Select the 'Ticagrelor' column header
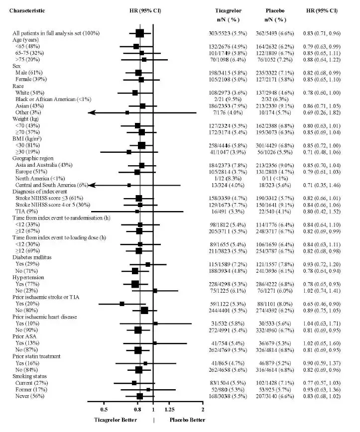point(228,10)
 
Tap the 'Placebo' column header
point(274,10)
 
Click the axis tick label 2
point(203,410)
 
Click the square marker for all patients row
point(140,33)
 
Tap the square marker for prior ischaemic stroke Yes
point(122,303)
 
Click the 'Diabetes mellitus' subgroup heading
point(33,257)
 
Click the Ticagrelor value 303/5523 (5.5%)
point(228,33)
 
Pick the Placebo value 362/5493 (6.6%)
point(274,33)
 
